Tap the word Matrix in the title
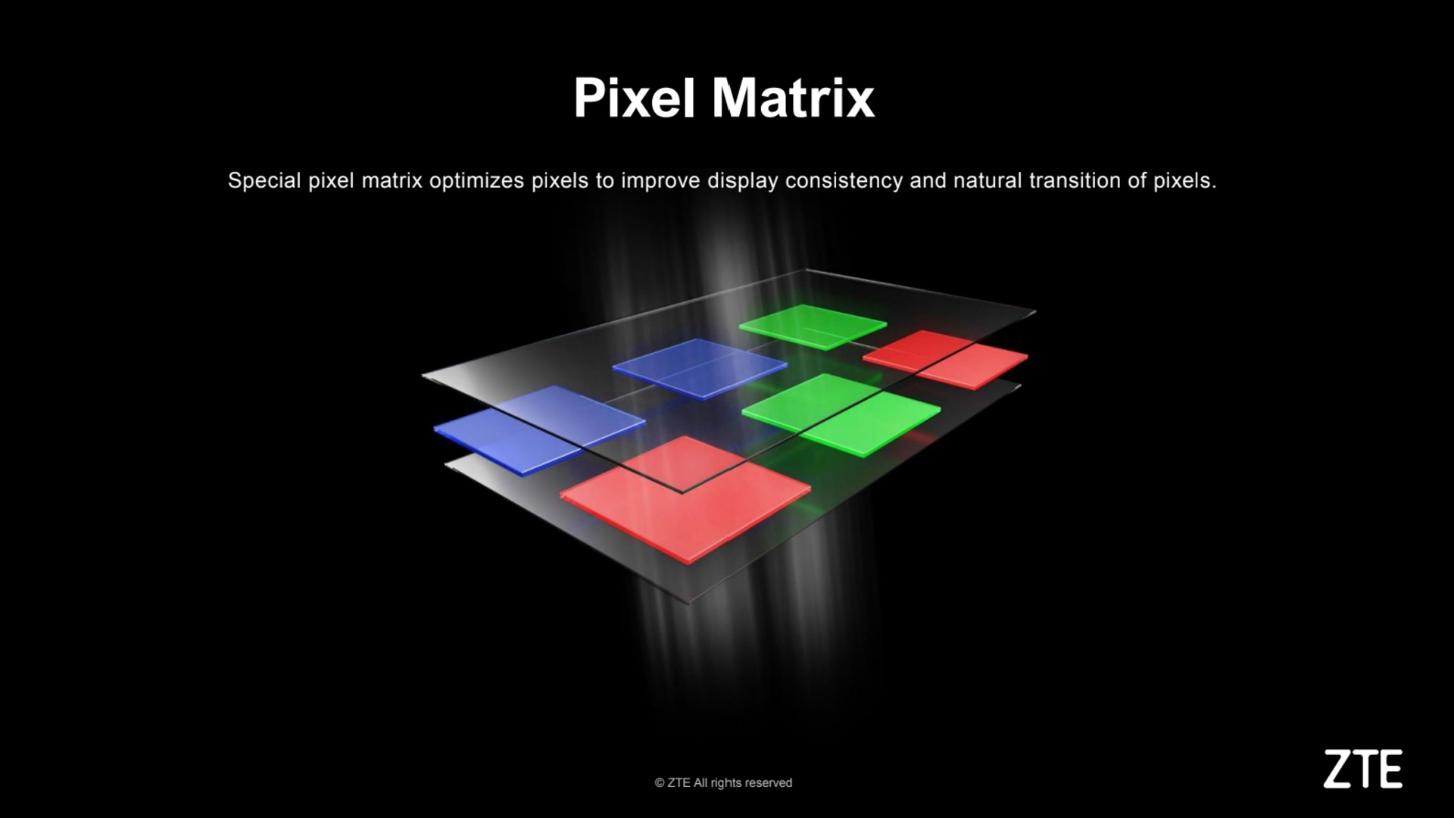tap(793, 98)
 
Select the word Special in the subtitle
tap(264, 181)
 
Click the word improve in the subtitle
tap(660, 181)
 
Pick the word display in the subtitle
tap(742, 181)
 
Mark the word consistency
tap(844, 181)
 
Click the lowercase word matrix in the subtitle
tap(392, 180)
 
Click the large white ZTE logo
tap(1363, 769)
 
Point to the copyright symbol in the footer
tap(660, 783)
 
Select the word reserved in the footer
tap(769, 783)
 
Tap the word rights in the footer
tap(725, 783)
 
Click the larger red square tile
tap(685, 498)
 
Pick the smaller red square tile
tap(945, 359)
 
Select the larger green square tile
tap(841, 414)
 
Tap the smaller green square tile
tap(813, 326)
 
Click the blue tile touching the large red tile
tap(539, 429)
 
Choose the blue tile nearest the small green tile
tap(700, 368)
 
